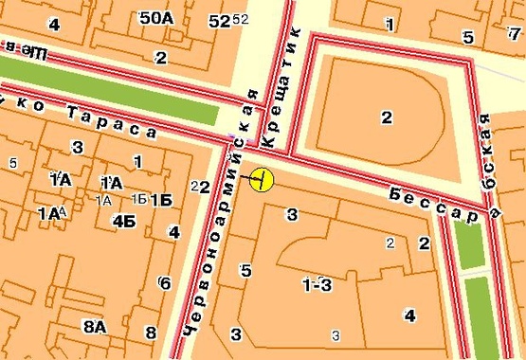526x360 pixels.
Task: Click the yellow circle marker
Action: (x=262, y=178)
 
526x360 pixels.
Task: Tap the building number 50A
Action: (x=155, y=18)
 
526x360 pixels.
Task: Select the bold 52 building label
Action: (x=219, y=20)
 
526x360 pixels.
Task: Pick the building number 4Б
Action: (x=123, y=221)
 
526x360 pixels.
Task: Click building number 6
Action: (x=165, y=282)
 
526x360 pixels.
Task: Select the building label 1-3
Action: (x=317, y=284)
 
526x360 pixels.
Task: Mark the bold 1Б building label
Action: (x=161, y=199)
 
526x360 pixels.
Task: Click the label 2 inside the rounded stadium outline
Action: (x=386, y=117)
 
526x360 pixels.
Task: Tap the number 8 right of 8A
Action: (x=150, y=332)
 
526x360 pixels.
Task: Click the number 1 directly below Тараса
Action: (x=137, y=162)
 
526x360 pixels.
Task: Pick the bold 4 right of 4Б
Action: (x=173, y=231)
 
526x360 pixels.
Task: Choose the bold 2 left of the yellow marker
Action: (x=204, y=187)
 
